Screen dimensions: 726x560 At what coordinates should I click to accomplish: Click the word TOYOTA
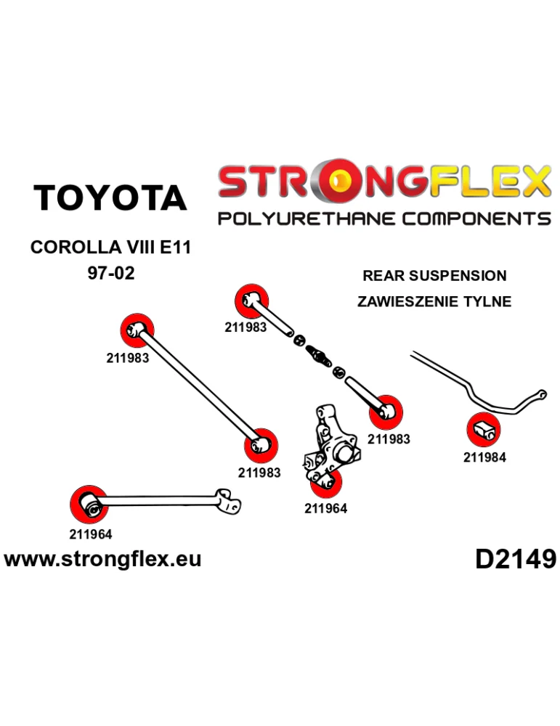pyautogui.click(x=110, y=198)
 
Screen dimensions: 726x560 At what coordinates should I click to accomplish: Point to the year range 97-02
pyautogui.click(x=110, y=275)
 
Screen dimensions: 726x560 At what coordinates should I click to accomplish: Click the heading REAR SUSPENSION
pyautogui.click(x=434, y=276)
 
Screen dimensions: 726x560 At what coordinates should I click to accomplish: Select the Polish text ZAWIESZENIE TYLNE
pyautogui.click(x=434, y=301)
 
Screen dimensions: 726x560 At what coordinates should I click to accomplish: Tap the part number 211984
pyautogui.click(x=484, y=457)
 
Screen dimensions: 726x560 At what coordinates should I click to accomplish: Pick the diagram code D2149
pyautogui.click(x=516, y=559)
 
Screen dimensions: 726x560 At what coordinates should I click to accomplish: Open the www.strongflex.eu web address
pyautogui.click(x=102, y=559)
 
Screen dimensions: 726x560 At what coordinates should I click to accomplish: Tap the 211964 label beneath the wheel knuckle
pyautogui.click(x=325, y=509)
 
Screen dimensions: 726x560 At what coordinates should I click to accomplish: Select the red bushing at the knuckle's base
pyautogui.click(x=327, y=482)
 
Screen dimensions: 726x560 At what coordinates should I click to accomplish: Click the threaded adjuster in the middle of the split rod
pyautogui.click(x=318, y=355)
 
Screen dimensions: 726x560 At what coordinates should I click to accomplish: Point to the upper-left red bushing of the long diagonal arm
pyautogui.click(x=136, y=330)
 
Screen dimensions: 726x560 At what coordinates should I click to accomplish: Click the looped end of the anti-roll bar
pyautogui.click(x=540, y=394)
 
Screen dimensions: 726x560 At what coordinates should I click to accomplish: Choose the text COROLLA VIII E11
pyautogui.click(x=110, y=248)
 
